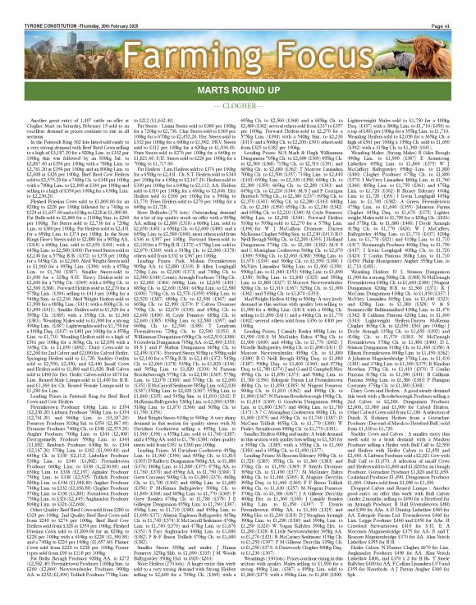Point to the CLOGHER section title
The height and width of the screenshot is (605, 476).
tap(237, 84)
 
